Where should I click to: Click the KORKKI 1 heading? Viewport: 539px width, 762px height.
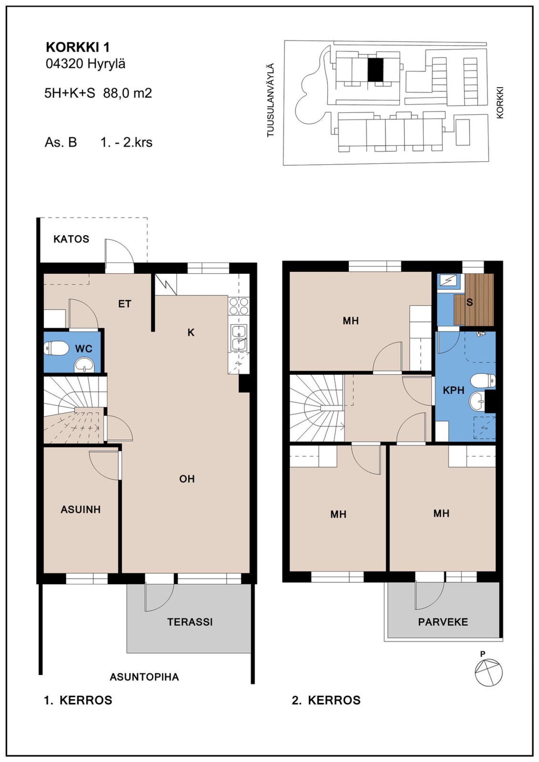click(78, 48)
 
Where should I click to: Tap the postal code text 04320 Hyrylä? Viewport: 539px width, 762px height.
click(86, 64)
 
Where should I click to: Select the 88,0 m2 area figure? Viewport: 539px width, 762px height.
click(128, 93)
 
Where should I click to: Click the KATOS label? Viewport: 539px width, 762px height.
click(71, 239)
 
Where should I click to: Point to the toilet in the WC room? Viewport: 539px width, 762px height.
click(57, 349)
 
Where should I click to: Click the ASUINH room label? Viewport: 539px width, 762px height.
click(80, 509)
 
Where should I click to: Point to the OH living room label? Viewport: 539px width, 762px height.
click(187, 479)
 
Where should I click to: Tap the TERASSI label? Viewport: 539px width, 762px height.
click(190, 622)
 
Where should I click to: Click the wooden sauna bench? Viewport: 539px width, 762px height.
click(474, 300)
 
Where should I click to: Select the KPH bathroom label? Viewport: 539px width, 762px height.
click(454, 391)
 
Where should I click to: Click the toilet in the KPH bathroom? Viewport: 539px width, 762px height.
click(483, 381)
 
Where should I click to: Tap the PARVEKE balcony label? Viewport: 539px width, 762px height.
click(443, 622)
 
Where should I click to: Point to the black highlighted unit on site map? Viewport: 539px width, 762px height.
click(375, 70)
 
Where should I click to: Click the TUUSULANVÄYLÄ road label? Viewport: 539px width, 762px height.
click(271, 100)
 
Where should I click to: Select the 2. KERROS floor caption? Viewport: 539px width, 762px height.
click(326, 700)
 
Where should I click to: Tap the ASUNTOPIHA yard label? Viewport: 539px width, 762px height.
click(144, 677)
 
